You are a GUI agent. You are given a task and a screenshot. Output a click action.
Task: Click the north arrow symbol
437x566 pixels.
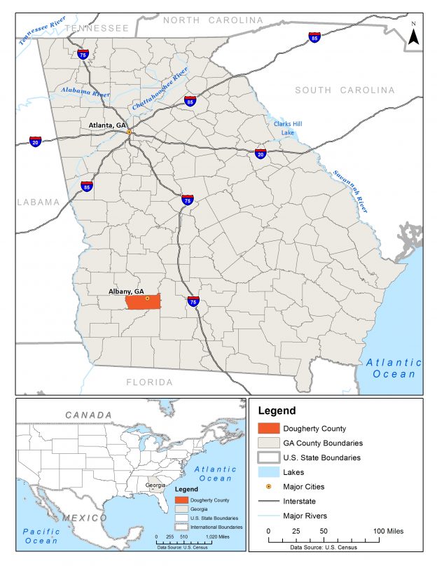click(414, 35)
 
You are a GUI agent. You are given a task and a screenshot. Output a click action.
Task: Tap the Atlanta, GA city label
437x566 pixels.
click(107, 125)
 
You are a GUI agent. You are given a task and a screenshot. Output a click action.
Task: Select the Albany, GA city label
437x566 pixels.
click(126, 291)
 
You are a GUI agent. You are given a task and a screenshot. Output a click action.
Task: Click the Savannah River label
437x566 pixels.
click(350, 191)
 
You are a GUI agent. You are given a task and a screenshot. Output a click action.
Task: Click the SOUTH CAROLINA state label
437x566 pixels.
click(345, 90)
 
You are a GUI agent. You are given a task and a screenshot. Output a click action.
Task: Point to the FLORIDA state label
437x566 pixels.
click(148, 382)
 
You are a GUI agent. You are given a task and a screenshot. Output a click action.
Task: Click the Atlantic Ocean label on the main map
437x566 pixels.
click(394, 368)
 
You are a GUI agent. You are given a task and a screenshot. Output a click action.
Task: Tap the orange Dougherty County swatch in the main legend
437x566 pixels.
click(267, 428)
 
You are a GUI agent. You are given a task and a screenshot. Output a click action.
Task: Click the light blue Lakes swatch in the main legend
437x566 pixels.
click(267, 473)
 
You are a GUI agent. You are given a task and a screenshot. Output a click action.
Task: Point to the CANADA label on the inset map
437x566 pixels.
click(89, 415)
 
